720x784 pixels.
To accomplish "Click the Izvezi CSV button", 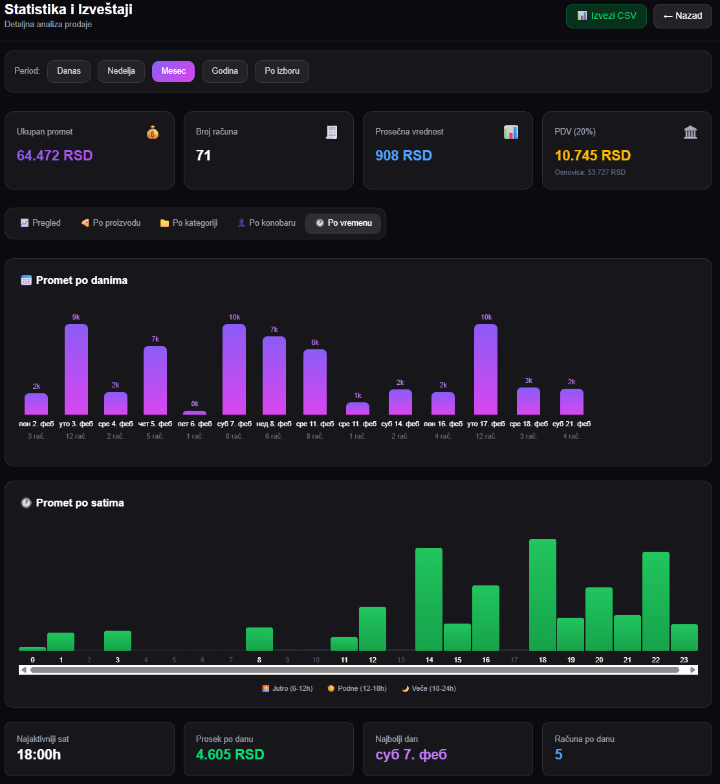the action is click(606, 16).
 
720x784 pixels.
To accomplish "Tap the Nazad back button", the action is click(682, 16).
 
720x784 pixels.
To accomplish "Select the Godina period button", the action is click(224, 71).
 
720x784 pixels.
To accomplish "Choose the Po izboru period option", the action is click(282, 71).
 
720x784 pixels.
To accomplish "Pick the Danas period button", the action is click(69, 71).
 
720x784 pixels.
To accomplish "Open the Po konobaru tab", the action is click(267, 223).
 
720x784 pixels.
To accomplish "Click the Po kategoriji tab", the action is click(189, 223).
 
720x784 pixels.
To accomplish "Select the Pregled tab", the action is click(41, 223).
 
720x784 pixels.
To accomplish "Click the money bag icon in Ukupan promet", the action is click(153, 133).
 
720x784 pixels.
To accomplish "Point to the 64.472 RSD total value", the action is click(55, 155).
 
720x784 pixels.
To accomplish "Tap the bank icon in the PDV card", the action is click(690, 133).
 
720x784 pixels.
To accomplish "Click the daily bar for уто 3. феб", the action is click(76, 369).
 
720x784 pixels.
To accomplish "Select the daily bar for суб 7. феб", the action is click(234, 369).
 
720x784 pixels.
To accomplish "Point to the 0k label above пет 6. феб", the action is click(195, 404).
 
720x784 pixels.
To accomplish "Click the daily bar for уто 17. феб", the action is click(486, 369).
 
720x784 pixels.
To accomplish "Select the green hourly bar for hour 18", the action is click(543, 594).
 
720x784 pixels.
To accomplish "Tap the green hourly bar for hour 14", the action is click(429, 599).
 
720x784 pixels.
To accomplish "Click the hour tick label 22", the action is click(655, 660).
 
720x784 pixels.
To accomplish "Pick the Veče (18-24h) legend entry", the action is click(429, 688).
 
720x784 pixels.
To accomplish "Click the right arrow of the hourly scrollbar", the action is click(693, 670).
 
